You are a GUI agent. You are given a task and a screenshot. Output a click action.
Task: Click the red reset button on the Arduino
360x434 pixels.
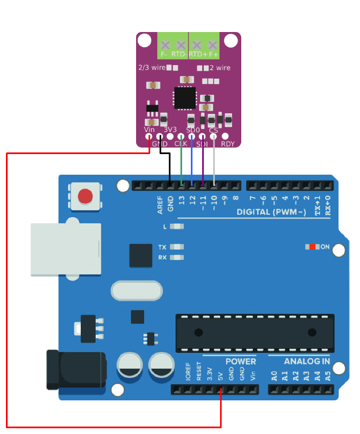(85, 196)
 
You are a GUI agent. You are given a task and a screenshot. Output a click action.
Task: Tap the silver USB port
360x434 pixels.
(66, 249)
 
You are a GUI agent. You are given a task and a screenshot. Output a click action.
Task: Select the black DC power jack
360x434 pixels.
(76, 370)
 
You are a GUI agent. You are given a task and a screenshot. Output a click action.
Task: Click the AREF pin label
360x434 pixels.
(160, 205)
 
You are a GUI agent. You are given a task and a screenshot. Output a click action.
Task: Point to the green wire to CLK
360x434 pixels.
(181, 160)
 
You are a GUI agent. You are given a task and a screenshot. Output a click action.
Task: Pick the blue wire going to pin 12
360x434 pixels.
(192, 160)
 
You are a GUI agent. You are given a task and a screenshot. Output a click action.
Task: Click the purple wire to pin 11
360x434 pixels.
(203, 160)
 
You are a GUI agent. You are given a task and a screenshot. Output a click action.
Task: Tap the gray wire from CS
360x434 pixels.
(214, 160)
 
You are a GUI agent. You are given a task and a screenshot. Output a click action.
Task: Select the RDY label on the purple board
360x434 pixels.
(228, 144)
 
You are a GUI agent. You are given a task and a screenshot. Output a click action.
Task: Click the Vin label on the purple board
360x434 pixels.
(149, 130)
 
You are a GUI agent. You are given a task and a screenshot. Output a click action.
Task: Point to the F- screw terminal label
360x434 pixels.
(164, 55)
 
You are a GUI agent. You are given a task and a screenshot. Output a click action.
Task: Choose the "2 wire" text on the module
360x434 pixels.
(220, 68)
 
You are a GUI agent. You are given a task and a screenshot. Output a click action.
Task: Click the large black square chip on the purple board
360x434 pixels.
(185, 98)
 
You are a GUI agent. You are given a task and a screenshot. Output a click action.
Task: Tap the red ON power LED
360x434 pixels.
(312, 247)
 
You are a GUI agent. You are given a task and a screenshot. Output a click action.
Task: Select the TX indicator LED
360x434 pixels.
(177, 247)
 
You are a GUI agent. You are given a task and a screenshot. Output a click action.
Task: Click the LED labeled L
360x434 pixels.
(177, 227)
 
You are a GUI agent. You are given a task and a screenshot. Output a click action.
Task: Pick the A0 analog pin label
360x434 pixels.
(274, 376)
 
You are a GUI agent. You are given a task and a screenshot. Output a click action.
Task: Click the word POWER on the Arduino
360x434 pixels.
(241, 361)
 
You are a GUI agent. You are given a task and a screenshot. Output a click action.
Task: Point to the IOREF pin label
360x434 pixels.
(188, 372)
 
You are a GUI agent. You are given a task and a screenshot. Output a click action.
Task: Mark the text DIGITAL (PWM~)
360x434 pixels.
(272, 212)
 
